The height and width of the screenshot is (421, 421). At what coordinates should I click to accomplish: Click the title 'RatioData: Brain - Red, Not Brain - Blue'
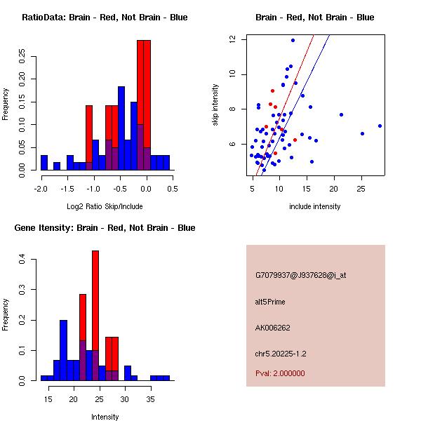point(105,18)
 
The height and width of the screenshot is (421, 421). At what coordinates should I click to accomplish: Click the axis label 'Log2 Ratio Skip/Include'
point(105,206)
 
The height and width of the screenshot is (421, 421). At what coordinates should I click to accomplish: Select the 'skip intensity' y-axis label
point(215,105)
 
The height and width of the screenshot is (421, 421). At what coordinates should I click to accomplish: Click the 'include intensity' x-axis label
point(314,206)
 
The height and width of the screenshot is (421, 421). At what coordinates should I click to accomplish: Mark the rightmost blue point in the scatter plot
point(380,126)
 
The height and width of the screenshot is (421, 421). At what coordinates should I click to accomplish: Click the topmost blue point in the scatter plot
point(293,40)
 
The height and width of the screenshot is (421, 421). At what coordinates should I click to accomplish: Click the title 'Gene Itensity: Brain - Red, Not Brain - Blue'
point(105,228)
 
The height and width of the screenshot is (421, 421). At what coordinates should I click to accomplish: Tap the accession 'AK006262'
point(273,328)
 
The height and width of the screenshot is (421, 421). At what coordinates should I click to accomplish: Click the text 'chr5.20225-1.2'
point(281,354)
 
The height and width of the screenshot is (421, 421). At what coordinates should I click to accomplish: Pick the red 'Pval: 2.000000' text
point(280,373)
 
